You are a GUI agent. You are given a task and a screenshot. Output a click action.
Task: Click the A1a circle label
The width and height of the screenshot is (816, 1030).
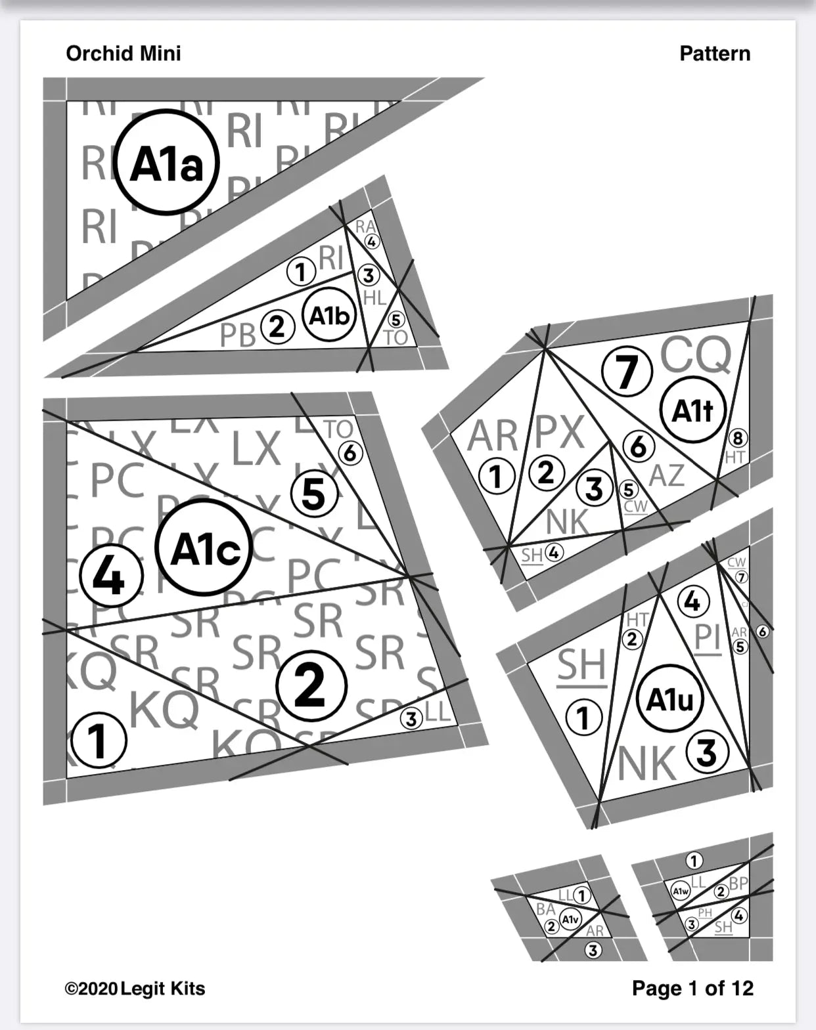coord(166,163)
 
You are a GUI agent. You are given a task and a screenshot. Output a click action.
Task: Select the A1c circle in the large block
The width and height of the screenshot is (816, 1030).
coord(204,547)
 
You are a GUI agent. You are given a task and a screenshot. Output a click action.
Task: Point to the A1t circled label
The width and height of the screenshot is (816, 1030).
coord(692,410)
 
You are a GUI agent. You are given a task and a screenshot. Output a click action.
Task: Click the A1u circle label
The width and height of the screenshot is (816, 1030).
coord(669,699)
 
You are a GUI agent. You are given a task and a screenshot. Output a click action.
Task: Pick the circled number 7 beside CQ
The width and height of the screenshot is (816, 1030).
coord(627,371)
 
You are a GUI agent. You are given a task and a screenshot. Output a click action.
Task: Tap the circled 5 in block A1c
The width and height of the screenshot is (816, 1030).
coord(314,494)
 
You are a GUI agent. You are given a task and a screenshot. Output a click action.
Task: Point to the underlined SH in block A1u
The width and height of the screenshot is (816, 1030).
coord(581,666)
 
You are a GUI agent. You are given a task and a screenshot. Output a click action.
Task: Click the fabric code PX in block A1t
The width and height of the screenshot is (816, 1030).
coord(559,433)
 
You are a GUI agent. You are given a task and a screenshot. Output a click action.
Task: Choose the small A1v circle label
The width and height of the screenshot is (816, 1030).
coord(570,920)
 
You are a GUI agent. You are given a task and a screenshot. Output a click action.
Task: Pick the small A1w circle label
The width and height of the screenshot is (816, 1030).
coord(680,891)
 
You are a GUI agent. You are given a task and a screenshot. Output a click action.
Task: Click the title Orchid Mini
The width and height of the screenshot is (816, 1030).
coord(124,53)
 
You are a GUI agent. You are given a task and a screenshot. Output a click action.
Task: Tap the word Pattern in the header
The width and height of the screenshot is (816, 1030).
coord(714,53)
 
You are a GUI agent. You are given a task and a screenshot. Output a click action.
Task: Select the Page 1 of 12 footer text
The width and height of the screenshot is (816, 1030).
coord(692,987)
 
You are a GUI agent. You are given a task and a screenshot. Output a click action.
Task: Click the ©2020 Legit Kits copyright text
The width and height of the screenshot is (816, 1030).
coord(135,988)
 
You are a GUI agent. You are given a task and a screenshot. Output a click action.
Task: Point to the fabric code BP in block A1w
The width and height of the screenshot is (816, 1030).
coord(738,883)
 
